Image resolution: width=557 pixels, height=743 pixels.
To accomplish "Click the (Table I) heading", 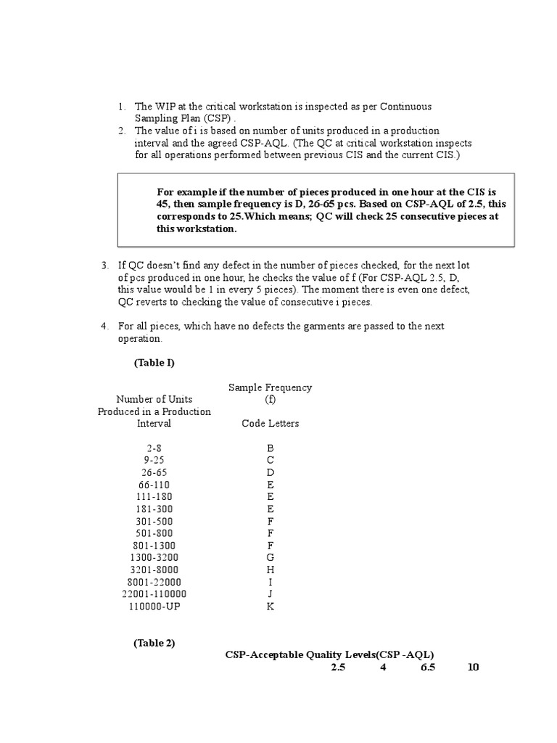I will point(154,362).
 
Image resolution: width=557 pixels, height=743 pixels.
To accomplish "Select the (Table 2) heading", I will point(154,643).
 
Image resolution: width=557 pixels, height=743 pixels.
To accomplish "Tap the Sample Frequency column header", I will point(271,387).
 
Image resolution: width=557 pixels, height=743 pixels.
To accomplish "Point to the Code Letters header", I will point(271,424).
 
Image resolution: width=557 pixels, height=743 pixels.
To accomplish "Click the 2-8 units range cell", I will point(154,448).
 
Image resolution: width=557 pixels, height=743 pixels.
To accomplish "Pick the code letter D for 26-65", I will point(271,472).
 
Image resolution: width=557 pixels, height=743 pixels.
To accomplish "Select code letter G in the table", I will point(271,557).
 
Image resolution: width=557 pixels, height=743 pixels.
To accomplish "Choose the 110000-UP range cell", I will point(154,606).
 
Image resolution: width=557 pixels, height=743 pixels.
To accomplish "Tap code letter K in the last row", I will point(271,606).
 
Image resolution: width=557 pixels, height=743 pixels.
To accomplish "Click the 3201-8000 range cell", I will point(154,570).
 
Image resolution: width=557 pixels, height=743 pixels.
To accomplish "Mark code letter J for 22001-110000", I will point(271,594).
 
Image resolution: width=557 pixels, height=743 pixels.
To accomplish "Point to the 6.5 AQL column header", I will point(428,668).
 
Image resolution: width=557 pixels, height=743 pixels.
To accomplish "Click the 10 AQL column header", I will point(474,668).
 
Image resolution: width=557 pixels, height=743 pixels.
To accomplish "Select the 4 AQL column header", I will point(383,668).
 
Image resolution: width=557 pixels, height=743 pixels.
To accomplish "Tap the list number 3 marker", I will point(104,266).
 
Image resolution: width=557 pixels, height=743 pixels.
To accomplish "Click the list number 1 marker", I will point(122,107).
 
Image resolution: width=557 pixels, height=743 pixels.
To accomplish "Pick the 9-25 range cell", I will point(154,460).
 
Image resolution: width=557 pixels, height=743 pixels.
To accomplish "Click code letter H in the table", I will point(271,570).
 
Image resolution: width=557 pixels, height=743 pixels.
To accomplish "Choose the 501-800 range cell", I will point(154,533).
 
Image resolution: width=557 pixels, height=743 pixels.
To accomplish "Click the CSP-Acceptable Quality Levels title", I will point(334,654).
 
